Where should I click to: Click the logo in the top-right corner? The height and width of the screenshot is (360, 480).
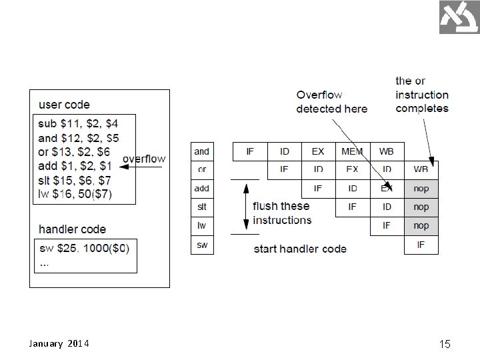[x=459, y=17]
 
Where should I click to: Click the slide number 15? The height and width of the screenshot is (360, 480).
[x=445, y=344]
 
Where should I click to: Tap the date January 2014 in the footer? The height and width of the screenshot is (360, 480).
[x=60, y=344]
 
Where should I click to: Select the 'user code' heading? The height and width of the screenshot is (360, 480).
[x=64, y=105]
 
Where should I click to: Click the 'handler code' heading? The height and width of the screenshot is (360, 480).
[x=72, y=229]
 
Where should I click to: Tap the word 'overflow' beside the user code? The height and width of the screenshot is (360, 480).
[x=144, y=159]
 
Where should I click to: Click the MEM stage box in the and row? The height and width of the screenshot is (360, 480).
[x=352, y=151]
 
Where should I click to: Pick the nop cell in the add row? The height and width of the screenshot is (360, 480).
[x=421, y=189]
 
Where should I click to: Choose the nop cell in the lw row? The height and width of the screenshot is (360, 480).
[x=421, y=226]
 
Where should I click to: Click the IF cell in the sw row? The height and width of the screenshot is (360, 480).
[x=421, y=245]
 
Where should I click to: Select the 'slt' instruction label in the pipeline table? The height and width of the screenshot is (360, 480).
[x=201, y=207]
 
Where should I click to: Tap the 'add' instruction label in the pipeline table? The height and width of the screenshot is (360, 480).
[x=201, y=189]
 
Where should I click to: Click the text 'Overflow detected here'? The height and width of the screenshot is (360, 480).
[x=331, y=102]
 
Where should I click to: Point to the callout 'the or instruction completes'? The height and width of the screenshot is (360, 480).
[x=421, y=95]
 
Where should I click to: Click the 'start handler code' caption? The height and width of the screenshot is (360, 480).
[x=300, y=249]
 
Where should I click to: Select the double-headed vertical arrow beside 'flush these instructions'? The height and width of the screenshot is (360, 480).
[x=245, y=207]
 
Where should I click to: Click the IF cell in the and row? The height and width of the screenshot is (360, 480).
[x=249, y=151]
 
